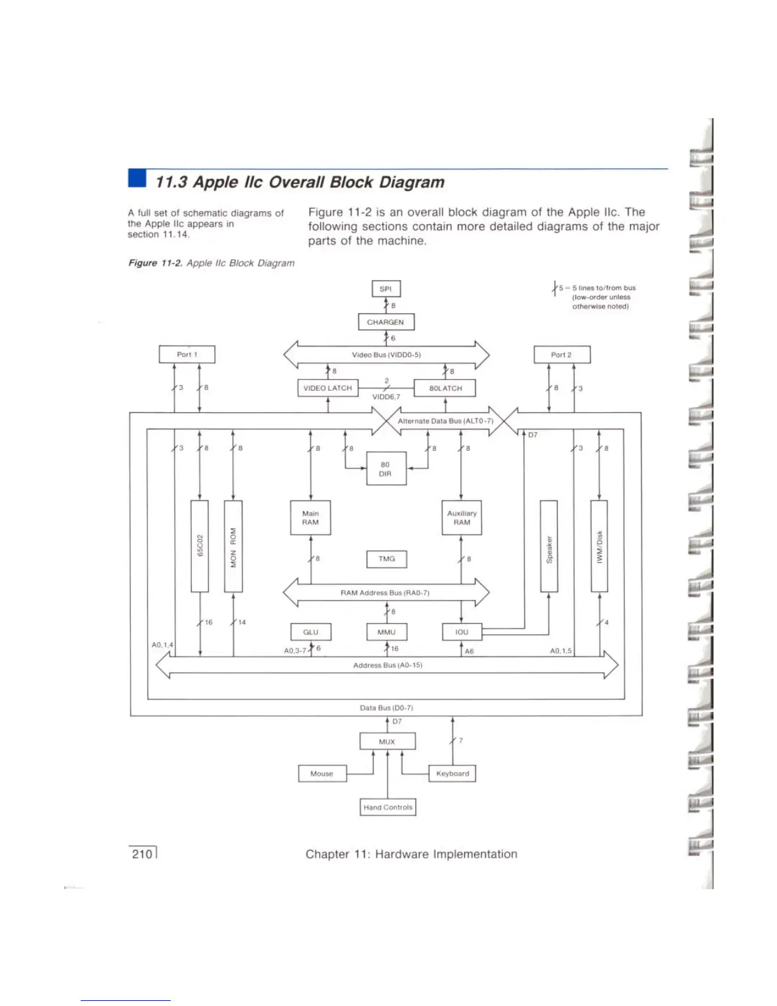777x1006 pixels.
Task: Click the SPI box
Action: pos(386,289)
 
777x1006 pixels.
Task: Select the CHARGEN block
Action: pos(386,322)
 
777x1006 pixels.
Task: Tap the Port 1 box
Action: pos(187,354)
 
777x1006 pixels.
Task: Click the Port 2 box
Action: pos(562,354)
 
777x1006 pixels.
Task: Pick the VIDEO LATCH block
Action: pos(328,388)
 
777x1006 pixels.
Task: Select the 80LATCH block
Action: pos(445,388)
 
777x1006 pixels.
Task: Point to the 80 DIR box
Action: pos(386,469)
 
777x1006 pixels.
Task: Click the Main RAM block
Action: pos(310,518)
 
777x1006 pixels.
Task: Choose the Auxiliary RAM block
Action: pos(462,518)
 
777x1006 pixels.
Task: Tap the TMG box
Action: pos(387,559)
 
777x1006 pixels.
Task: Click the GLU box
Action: pos(310,632)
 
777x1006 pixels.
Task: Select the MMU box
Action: pos(387,632)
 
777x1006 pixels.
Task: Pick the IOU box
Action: pos(462,632)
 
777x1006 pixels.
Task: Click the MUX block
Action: pos(387,741)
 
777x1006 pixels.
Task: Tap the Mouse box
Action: pos(322,774)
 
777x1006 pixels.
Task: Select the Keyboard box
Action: pos(453,774)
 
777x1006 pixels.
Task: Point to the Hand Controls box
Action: pos(388,807)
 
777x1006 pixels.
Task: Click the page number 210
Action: pos(142,854)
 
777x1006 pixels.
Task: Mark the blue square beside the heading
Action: pos(136,178)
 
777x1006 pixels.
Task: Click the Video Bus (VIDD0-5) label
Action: pos(387,355)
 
